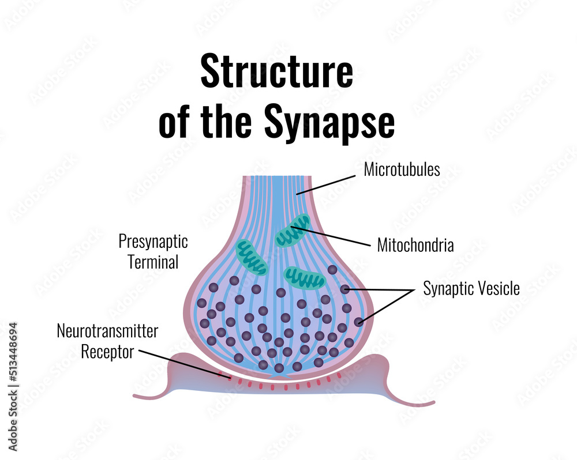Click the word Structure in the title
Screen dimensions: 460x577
point(276,72)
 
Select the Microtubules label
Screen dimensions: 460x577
point(402,170)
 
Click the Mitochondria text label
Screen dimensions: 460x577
point(415,245)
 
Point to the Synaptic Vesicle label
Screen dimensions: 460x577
point(471,288)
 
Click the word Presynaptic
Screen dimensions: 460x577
point(153,241)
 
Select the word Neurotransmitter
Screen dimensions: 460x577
point(107,331)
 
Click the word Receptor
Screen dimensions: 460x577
point(107,351)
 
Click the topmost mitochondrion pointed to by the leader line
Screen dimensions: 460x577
point(292,230)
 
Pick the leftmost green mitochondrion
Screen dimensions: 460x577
point(252,257)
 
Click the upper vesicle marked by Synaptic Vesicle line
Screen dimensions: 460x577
point(344,289)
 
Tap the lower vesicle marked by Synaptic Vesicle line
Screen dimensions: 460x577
point(359,322)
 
